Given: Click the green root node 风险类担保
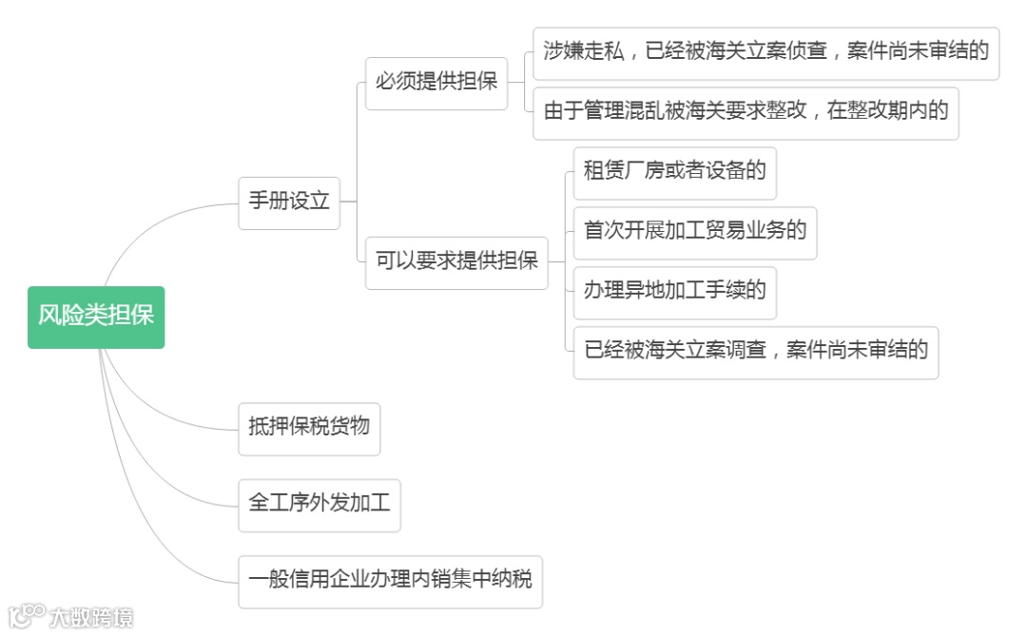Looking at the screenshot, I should point(96,317).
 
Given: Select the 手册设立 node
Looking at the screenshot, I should point(289,202).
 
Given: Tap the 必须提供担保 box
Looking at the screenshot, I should point(436,82).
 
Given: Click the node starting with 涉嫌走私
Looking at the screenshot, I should point(765,52).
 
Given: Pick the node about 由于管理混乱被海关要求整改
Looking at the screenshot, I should point(746,112).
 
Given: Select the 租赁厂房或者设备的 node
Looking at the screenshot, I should point(675,172).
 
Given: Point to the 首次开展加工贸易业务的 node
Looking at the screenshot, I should point(695,231).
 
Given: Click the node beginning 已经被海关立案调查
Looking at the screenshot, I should point(756,351).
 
